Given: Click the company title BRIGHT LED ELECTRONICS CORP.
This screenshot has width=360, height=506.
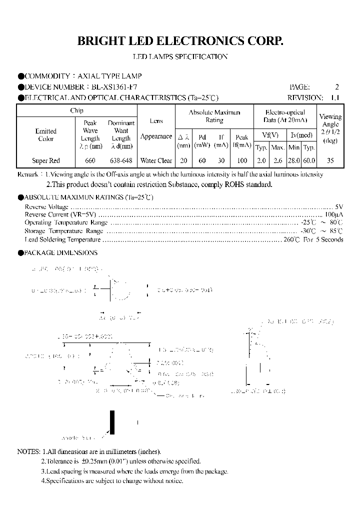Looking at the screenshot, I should [x=180, y=41].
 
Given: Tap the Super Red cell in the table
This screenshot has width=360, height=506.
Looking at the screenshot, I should [x=46, y=160].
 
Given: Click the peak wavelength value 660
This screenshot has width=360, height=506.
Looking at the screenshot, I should [x=90, y=160].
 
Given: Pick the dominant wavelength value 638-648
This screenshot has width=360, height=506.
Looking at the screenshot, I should [x=121, y=160].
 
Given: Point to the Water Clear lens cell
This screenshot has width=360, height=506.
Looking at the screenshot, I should [x=156, y=160].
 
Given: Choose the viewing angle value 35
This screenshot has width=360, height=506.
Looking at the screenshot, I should [x=330, y=160].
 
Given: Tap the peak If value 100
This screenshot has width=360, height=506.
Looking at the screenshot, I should [x=241, y=160].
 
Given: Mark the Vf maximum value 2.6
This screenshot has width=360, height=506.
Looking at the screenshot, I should [x=277, y=160].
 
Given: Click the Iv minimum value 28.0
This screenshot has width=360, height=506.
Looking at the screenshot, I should [x=294, y=160].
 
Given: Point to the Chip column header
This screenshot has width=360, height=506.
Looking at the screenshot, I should [x=76, y=110].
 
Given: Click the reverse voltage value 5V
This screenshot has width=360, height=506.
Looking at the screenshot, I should [x=339, y=206].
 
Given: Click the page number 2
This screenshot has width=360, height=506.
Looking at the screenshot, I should [x=337, y=86].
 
